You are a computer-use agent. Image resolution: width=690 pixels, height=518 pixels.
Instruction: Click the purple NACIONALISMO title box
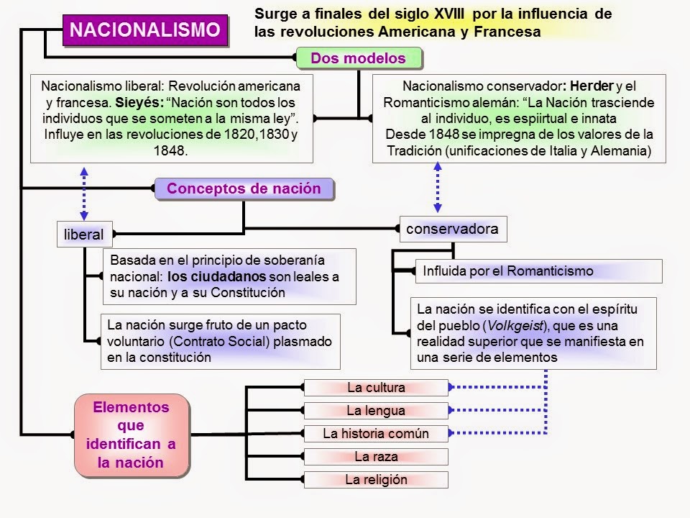coord(148,31)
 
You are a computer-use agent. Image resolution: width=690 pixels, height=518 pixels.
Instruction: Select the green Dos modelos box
coord(358,58)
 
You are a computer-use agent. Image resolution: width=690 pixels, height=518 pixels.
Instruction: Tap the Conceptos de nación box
coord(244,189)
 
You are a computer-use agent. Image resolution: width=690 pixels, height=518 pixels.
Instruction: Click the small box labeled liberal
coord(83,234)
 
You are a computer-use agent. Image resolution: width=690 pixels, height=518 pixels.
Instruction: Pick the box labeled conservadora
coord(452,229)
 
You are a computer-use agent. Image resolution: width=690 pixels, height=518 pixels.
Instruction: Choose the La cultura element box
coord(376,388)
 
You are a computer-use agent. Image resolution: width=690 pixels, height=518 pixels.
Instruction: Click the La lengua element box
coord(376,411)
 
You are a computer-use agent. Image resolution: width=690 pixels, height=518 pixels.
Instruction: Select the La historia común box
coord(376,434)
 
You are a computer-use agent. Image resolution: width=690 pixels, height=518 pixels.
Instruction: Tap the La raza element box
coord(376,457)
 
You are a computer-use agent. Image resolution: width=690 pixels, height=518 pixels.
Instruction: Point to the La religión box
coord(376,480)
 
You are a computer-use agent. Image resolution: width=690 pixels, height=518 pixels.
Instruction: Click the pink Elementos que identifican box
coord(132,435)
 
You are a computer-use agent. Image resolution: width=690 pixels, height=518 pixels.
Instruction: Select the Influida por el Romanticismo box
coord(507,271)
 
